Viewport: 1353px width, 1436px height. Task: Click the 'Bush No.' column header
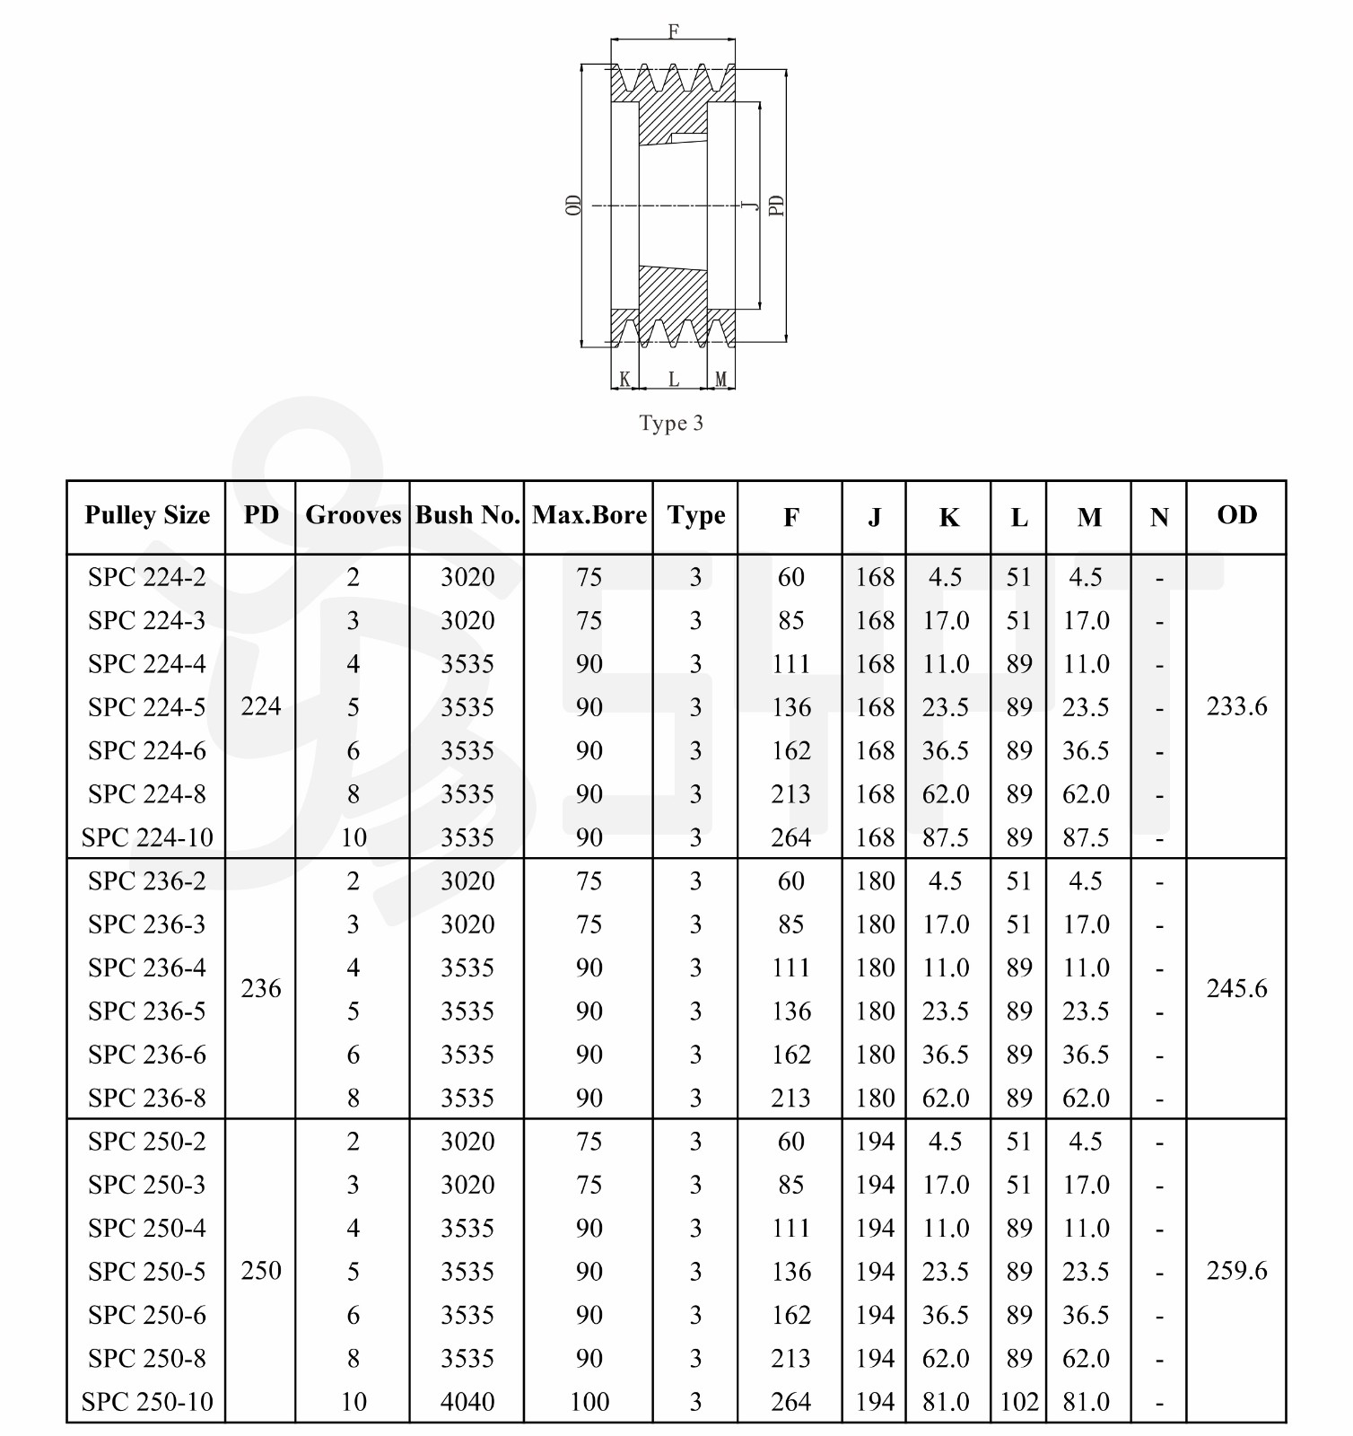[x=467, y=516]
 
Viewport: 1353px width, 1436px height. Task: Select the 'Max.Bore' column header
[x=589, y=516]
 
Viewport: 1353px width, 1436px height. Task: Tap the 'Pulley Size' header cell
[x=147, y=516]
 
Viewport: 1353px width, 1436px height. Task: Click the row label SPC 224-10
[x=147, y=838]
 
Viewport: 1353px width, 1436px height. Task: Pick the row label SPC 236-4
[x=147, y=968]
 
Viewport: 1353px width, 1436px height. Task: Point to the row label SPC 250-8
[x=147, y=1359]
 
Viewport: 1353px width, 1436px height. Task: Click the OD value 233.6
[x=1236, y=707]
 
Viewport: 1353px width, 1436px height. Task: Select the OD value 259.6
[x=1236, y=1271]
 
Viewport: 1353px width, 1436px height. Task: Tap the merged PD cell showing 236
[x=261, y=989]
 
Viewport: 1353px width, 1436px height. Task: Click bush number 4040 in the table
[x=467, y=1402]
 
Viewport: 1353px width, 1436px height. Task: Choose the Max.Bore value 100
[x=589, y=1402]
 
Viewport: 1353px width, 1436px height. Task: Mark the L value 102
[x=1019, y=1402]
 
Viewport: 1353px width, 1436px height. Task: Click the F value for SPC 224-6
[x=791, y=751]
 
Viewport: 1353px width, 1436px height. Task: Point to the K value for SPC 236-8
[x=946, y=1099]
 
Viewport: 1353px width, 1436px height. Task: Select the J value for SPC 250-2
[x=875, y=1142]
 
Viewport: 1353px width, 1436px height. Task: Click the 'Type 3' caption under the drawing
[x=671, y=424]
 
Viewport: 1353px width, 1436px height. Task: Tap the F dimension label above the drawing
[x=674, y=32]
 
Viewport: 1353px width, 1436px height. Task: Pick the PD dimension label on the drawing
[x=777, y=206]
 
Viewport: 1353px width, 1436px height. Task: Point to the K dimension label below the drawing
[x=624, y=380]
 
